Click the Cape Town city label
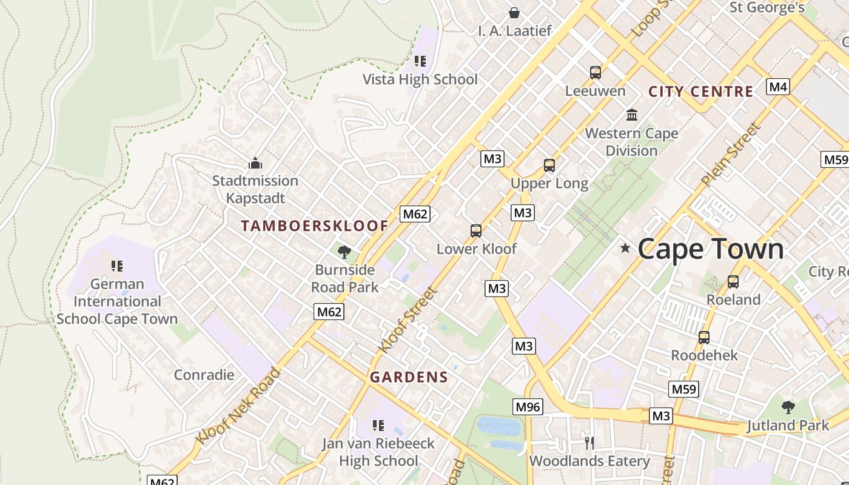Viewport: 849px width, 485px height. [710, 249]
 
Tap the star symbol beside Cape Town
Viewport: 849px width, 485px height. [625, 248]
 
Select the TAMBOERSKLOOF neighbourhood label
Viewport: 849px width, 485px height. [314, 226]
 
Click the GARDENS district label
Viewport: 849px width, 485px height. [409, 377]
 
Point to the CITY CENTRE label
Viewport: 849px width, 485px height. [700, 92]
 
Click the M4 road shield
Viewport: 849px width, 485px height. [778, 87]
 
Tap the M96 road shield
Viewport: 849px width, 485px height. [528, 407]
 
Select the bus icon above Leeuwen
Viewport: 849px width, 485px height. [596, 73]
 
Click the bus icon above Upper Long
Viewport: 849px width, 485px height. [549, 165]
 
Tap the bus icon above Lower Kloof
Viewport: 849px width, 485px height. [476, 230]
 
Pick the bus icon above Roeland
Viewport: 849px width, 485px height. [733, 281]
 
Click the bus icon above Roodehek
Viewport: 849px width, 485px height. [704, 337]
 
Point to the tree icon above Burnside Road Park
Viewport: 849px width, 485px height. [344, 252]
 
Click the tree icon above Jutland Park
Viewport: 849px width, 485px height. [788, 407]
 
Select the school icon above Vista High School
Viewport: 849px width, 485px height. [420, 61]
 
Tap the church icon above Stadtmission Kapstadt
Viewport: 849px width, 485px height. [255, 163]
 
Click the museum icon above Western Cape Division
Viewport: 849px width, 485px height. [632, 115]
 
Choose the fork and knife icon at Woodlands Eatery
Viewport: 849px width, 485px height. [588, 443]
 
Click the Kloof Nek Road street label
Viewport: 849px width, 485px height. [238, 405]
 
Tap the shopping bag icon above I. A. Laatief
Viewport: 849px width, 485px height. [514, 13]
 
